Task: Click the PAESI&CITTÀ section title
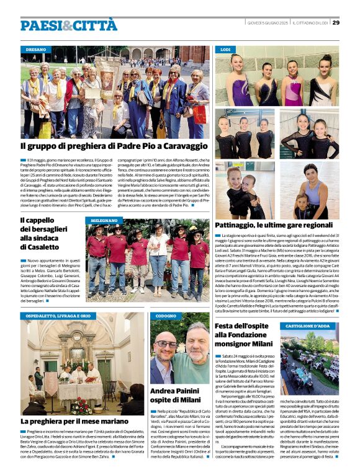[x=60, y=25]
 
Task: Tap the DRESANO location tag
[x=36, y=49]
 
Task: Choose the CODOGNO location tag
[x=166, y=316]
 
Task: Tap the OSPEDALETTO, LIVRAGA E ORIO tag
[x=58, y=316]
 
